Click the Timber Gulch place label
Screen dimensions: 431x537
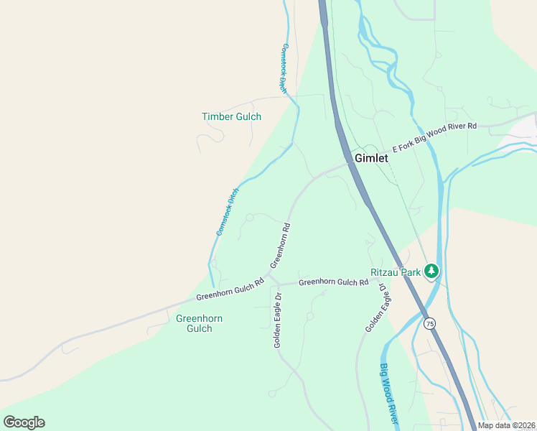coord(231,116)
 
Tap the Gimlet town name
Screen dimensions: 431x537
coord(371,158)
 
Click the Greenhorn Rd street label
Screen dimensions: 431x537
coord(280,246)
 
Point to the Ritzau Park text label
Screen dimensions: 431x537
coord(394,272)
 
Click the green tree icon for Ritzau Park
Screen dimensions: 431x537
coord(431,271)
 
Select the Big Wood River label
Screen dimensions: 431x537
coord(389,394)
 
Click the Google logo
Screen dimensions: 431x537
coord(24,422)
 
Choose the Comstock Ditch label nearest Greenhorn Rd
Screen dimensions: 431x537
coord(228,212)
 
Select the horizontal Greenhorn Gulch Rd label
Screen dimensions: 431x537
coord(333,282)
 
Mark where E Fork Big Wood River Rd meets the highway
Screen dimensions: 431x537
coord(351,163)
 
